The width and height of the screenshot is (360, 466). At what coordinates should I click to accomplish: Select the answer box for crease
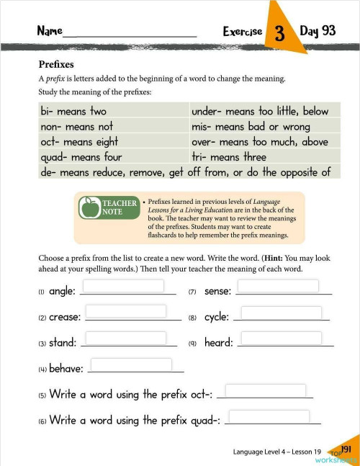tap(126, 311)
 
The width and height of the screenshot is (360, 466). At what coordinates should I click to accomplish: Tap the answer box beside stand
tap(126, 338)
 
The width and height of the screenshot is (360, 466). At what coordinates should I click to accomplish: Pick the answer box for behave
tap(131, 364)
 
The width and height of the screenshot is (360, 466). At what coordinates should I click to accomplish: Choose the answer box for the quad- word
tap(269, 416)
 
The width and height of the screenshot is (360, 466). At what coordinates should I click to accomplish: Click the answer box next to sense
tap(278, 286)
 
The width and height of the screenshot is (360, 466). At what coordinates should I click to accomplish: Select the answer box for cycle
tap(281, 312)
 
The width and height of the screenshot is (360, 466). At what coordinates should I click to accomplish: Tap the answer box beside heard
tap(281, 338)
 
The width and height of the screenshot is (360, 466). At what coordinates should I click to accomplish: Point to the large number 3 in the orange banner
tap(278, 33)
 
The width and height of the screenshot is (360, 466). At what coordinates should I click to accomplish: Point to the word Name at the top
tap(50, 32)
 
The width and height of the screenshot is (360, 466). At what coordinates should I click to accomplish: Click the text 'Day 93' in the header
tap(318, 31)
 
